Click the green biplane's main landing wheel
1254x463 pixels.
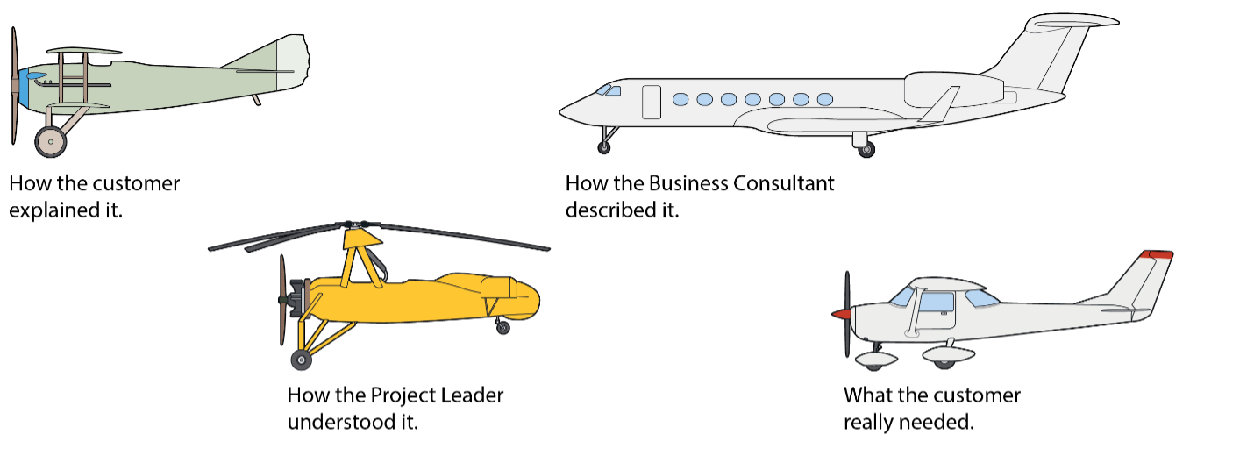tap(51, 141)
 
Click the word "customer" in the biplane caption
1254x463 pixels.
tap(139, 184)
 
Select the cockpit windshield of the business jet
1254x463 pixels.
tap(607, 90)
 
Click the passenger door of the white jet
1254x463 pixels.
tap(651, 102)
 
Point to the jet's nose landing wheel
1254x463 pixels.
tap(604, 147)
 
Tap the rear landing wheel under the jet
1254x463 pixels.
tap(866, 150)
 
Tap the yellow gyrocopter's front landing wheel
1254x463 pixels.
tap(302, 359)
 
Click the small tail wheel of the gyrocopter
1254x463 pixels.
tap(503, 328)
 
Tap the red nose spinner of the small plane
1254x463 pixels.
tap(840, 313)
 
